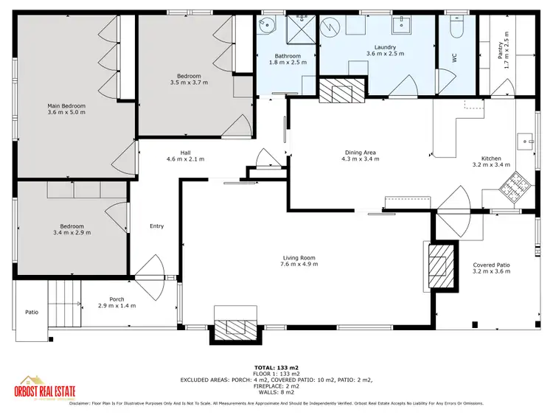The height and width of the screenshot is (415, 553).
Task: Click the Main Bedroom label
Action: click(x=66, y=105)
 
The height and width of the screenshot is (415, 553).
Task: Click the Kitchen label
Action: click(x=491, y=158)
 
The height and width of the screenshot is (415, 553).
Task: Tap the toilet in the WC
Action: click(x=456, y=27)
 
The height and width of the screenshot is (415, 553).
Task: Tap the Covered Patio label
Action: click(x=491, y=264)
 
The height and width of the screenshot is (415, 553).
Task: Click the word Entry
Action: click(x=156, y=226)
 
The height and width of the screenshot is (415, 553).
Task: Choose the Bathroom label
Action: click(x=288, y=56)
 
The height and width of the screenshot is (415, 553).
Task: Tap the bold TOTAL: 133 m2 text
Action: click(x=276, y=367)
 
